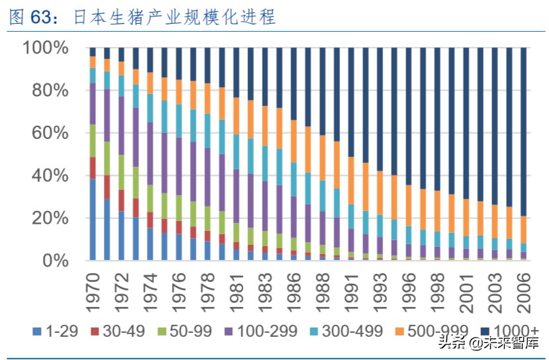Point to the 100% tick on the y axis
(x=46, y=48)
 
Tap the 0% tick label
(x=57, y=261)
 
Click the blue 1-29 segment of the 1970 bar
(x=93, y=219)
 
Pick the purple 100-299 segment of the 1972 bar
(x=121, y=126)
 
